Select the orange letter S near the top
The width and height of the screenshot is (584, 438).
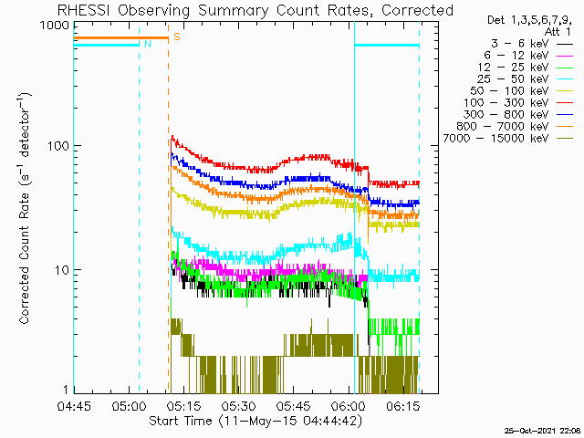coord(177,37)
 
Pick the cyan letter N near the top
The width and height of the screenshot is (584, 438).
coord(147,44)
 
